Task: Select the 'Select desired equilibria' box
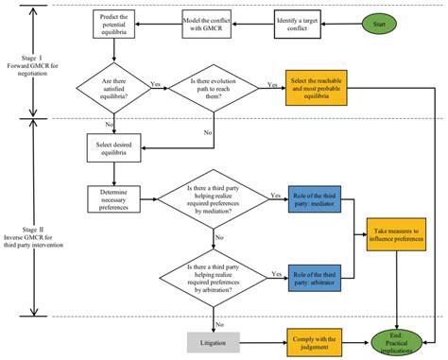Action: [x=115, y=145]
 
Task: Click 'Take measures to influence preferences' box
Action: [x=395, y=235]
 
